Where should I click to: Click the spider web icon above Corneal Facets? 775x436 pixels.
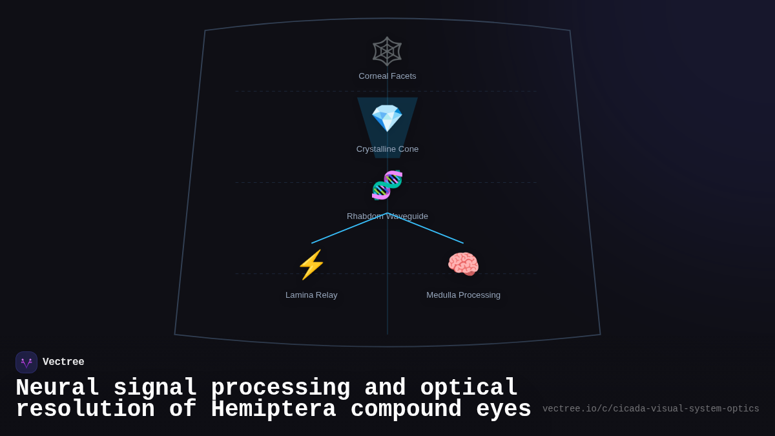[x=387, y=52]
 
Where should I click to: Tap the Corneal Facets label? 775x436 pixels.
[x=387, y=76]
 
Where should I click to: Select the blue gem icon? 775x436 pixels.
[x=387, y=118]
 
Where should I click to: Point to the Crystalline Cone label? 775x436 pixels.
[x=387, y=149]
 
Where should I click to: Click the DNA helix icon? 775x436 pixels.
[x=387, y=185]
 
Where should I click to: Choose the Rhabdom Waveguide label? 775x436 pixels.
[x=387, y=216]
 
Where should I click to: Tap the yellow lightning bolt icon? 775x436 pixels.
[x=311, y=265]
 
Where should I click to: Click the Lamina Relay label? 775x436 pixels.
[x=311, y=295]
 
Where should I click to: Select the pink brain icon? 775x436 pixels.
[x=463, y=264]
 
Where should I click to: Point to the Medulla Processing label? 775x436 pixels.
[x=463, y=295]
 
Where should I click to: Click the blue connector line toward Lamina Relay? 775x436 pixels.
[x=349, y=228]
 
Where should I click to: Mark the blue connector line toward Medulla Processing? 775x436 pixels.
[x=426, y=228]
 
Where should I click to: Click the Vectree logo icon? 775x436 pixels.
[x=26, y=362]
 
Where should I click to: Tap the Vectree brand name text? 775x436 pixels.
[x=63, y=362]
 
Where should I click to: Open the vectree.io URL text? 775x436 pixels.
[x=650, y=409]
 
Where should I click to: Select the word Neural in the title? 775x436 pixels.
[x=57, y=388]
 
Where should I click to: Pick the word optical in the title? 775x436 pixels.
[x=469, y=388]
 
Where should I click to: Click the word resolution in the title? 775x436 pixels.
[x=85, y=410]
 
